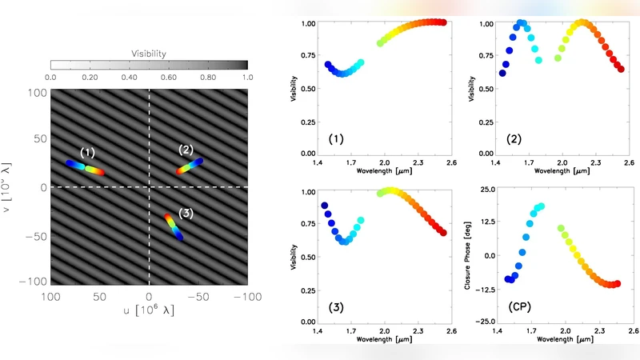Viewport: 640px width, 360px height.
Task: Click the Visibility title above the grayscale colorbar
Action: point(149,54)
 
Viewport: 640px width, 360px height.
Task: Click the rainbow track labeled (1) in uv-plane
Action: point(85,167)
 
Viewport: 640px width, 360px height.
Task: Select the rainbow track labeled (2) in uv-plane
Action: point(190,166)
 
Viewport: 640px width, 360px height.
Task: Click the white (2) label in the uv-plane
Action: point(186,150)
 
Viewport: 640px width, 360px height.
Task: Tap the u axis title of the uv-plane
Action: point(149,310)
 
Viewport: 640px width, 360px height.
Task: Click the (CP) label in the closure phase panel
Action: point(521,307)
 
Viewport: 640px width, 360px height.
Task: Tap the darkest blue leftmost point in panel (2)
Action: point(502,73)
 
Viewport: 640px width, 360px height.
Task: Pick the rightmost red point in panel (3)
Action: point(443,232)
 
